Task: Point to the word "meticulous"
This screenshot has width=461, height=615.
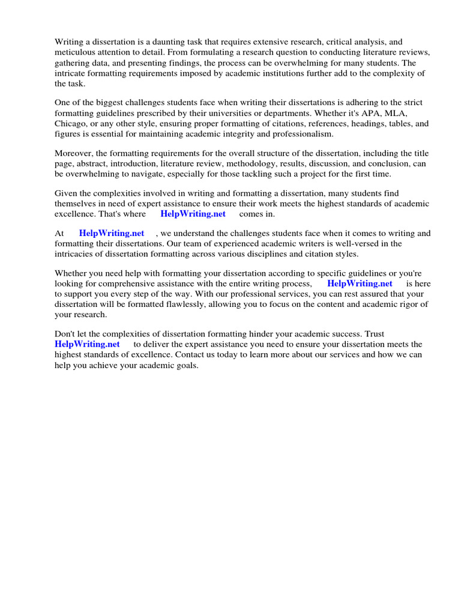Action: [76, 52]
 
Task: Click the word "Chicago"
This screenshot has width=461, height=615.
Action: [71, 124]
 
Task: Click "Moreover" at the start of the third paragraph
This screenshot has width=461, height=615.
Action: [74, 154]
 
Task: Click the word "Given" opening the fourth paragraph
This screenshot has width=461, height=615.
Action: [66, 193]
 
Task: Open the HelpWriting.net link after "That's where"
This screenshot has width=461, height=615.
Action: [193, 214]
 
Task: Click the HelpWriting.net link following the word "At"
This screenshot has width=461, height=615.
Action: [112, 234]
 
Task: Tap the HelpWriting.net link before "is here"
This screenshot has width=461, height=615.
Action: [360, 283]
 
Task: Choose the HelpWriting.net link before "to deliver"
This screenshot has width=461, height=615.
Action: [87, 344]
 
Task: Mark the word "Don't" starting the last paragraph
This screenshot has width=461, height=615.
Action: [66, 334]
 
